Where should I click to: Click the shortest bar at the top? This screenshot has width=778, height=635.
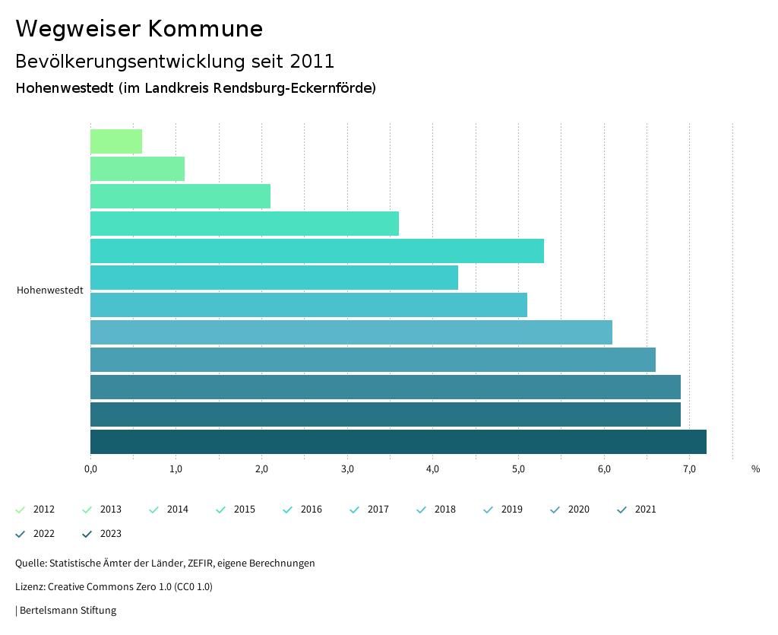[x=116, y=141]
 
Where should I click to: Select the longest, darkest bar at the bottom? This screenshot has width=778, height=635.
[x=398, y=442]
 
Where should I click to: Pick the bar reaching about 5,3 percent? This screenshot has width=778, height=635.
[x=317, y=251]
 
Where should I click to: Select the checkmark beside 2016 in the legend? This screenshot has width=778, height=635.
[x=288, y=510]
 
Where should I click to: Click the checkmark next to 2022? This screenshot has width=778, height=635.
[x=21, y=534]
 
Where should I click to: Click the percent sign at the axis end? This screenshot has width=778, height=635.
[x=755, y=469]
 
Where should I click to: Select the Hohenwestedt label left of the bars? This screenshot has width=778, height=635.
[x=49, y=291]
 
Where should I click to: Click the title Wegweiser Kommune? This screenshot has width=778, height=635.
[x=139, y=29]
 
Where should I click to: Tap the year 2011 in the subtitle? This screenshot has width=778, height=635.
[x=312, y=61]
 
